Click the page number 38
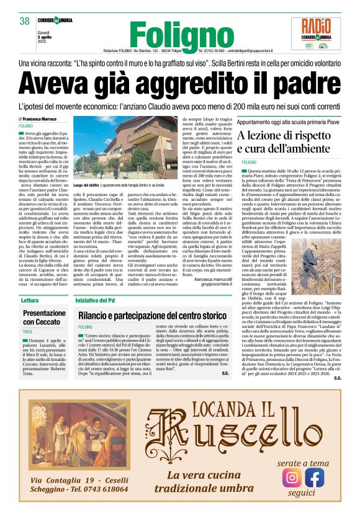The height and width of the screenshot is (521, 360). [25, 21]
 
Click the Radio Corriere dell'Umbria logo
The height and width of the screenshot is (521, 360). [321, 33]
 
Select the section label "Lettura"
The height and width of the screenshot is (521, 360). [29, 300]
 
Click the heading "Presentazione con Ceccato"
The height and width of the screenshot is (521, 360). [45, 318]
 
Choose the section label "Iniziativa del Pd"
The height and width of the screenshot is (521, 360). [100, 300]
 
